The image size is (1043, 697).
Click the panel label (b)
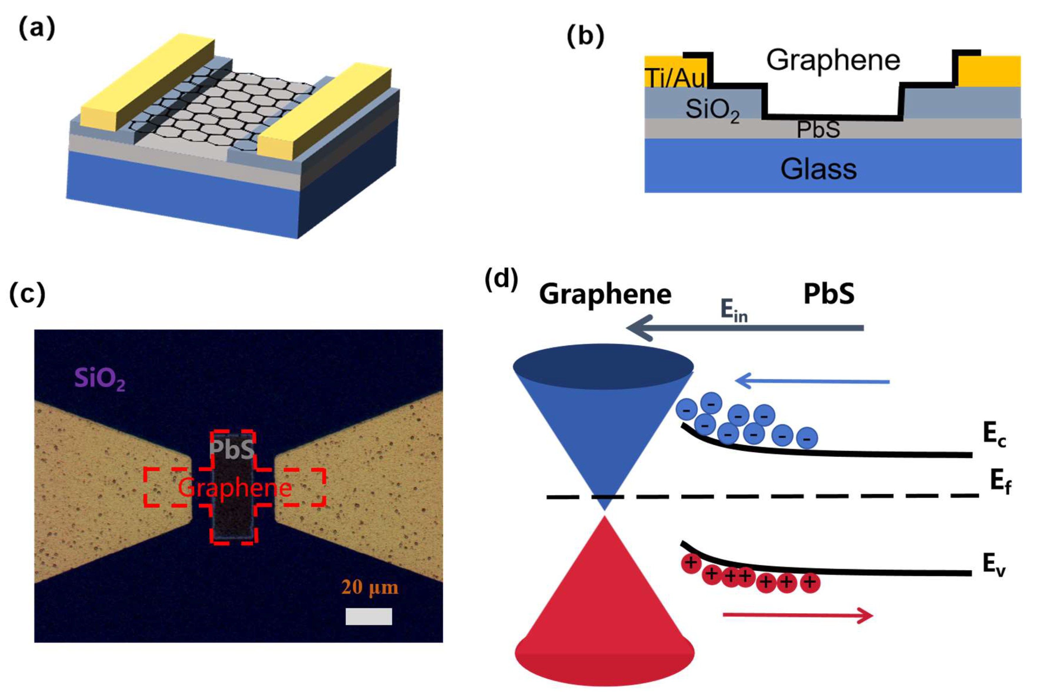[585, 36]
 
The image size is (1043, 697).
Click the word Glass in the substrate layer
[818, 169]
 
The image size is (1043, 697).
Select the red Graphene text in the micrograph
[235, 488]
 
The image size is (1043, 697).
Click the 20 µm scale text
[370, 587]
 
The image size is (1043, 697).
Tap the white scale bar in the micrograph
[369, 616]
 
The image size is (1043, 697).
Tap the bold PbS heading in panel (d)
[829, 294]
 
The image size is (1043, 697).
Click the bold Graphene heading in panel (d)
[605, 294]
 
